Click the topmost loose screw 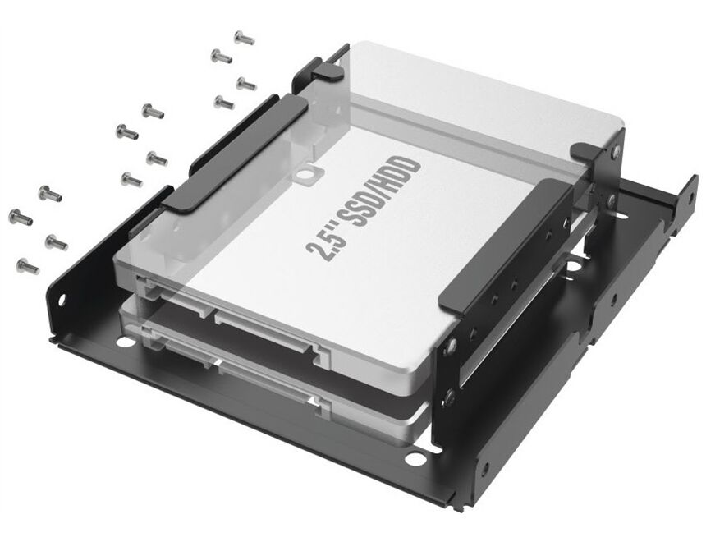tap(244, 38)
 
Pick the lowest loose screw tap(27, 266)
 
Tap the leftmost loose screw tap(21, 217)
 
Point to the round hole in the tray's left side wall tap(62, 298)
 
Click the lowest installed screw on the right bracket tap(448, 397)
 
